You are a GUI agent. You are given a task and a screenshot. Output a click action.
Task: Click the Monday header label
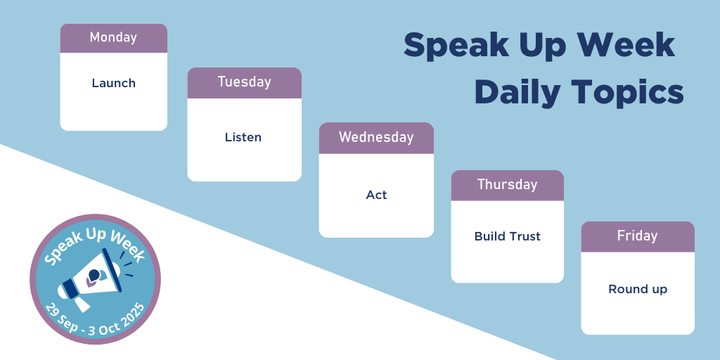click(x=113, y=37)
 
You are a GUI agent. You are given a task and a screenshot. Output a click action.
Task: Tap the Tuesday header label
click(x=244, y=82)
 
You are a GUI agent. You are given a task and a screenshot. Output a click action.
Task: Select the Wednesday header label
click(x=376, y=137)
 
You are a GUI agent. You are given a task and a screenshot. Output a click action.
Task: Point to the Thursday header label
click(x=507, y=185)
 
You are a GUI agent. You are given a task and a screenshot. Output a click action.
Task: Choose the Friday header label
click(x=637, y=236)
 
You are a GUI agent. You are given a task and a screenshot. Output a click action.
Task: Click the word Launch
click(x=113, y=83)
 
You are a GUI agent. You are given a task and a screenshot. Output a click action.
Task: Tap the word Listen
click(x=243, y=137)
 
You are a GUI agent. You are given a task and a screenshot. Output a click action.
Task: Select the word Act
click(x=376, y=195)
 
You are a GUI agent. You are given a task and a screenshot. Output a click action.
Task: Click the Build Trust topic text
click(x=507, y=236)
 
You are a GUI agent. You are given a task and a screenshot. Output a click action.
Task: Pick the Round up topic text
click(x=637, y=289)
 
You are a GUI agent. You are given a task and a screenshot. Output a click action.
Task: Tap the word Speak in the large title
click(x=456, y=46)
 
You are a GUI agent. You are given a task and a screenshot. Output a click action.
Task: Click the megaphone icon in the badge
click(x=91, y=279)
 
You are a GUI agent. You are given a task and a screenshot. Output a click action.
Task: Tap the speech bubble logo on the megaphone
click(x=96, y=277)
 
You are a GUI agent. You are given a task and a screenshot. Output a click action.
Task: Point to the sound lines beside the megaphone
click(x=127, y=264)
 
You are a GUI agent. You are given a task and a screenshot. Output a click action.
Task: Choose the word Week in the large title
click(x=625, y=44)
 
